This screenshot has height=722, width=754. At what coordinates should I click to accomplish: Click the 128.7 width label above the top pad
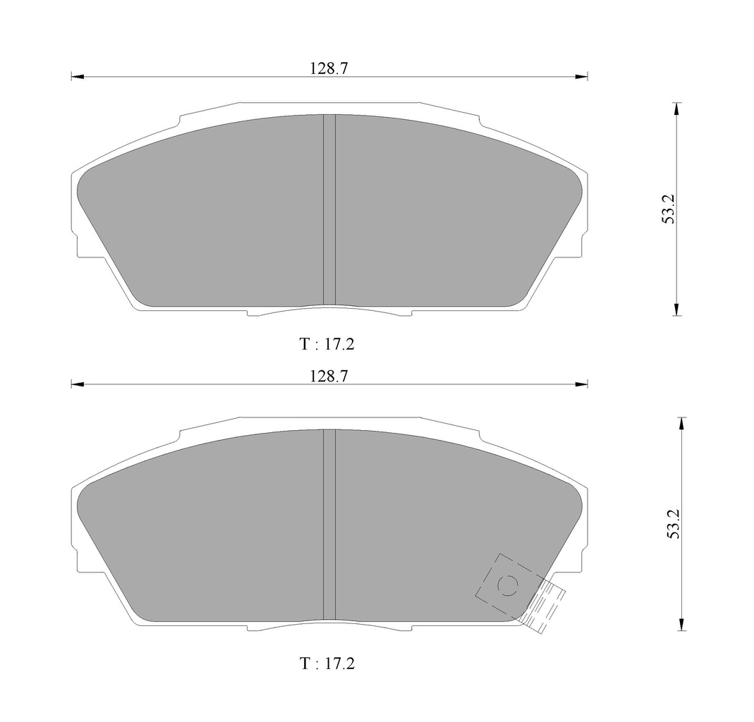[x=329, y=68]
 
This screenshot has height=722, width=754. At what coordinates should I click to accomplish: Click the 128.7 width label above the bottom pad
[x=329, y=377]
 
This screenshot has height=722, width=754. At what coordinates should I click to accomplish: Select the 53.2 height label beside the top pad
[x=669, y=209]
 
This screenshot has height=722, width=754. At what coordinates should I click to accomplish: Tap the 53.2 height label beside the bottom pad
[x=674, y=524]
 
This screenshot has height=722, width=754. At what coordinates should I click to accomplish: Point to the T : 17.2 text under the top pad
[x=327, y=344]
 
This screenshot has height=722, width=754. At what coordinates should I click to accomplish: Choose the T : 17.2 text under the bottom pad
[x=327, y=663]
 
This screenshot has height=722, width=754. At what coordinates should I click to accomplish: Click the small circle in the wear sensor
[x=507, y=585]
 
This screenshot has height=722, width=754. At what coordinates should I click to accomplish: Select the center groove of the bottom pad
[x=329, y=525]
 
